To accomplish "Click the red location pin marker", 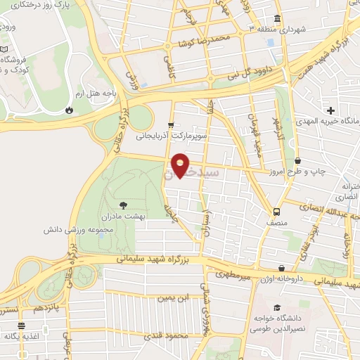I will coord(181,165).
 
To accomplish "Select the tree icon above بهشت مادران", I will coord(124,205).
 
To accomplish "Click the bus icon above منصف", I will coord(276,210).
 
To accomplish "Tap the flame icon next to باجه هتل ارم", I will coord(69,110).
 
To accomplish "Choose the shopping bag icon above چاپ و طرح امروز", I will coord(298,161).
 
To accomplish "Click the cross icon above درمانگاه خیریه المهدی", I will coord(330,110).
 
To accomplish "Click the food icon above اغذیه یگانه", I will coord(22,326).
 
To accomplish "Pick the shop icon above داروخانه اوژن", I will coord(282,268).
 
